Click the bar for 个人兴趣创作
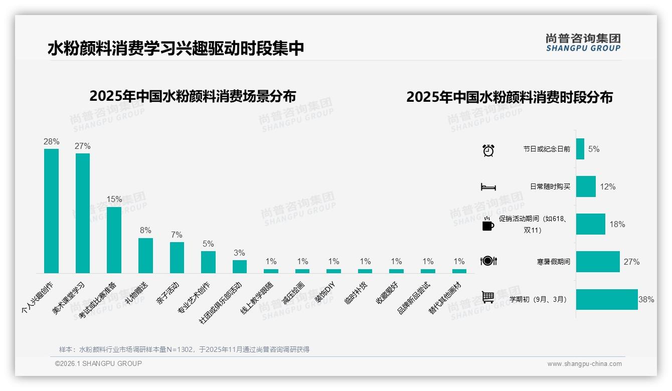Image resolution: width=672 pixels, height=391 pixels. pyautogui.click(x=51, y=211)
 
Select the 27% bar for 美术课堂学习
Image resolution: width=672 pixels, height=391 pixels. pyautogui.click(x=83, y=213)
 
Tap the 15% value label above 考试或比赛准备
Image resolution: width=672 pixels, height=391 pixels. pyautogui.click(x=114, y=199)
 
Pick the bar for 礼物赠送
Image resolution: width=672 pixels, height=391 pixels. pyautogui.click(x=145, y=255)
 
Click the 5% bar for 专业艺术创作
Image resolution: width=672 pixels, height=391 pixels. pyautogui.click(x=208, y=262)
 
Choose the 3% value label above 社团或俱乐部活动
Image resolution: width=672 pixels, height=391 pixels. pyautogui.click(x=240, y=253)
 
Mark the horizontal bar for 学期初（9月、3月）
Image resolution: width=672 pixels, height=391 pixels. pyautogui.click(x=607, y=299)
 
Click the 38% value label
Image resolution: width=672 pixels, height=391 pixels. pyautogui.click(x=646, y=299)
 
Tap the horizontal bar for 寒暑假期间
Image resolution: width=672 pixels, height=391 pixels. pyautogui.click(x=598, y=262)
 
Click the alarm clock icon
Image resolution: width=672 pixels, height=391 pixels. pyautogui.click(x=488, y=150)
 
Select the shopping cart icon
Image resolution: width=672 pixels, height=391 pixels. pyautogui.click(x=488, y=297)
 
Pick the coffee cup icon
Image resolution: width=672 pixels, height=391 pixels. pyautogui.click(x=488, y=225)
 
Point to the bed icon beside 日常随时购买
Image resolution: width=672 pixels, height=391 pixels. pyautogui.click(x=488, y=187)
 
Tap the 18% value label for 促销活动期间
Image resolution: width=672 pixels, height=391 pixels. pyautogui.click(x=617, y=224)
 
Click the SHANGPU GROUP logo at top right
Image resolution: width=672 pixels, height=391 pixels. pyautogui.click(x=583, y=42)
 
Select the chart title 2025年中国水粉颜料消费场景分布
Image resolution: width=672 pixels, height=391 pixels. pyautogui.click(x=193, y=96)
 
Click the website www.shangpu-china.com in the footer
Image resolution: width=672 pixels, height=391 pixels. pyautogui.click(x=584, y=364)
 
